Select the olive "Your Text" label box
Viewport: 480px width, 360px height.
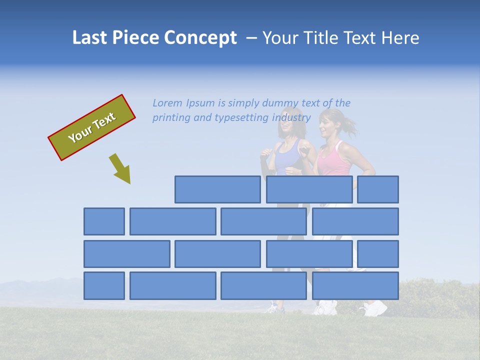click(x=92, y=127)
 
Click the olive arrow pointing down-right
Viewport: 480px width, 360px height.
click(x=120, y=169)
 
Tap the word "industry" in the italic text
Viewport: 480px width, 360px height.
click(x=291, y=118)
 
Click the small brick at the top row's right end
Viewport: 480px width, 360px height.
click(x=378, y=189)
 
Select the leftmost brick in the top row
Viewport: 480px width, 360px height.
click(x=217, y=189)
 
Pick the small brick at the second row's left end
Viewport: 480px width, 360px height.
click(x=104, y=221)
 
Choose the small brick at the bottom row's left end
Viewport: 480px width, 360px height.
click(x=104, y=285)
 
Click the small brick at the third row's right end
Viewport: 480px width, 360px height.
click(x=378, y=254)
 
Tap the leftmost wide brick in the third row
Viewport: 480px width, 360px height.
click(x=127, y=254)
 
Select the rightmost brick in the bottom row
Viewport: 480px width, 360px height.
click(x=355, y=285)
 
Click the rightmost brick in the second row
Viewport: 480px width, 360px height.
click(x=355, y=221)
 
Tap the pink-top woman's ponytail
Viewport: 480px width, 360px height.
click(x=350, y=125)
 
